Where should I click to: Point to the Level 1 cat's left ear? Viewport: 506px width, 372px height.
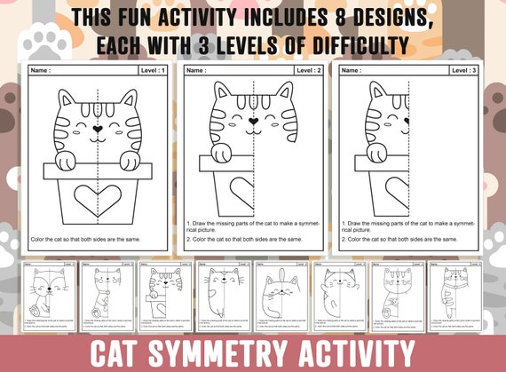coord(61,99)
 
